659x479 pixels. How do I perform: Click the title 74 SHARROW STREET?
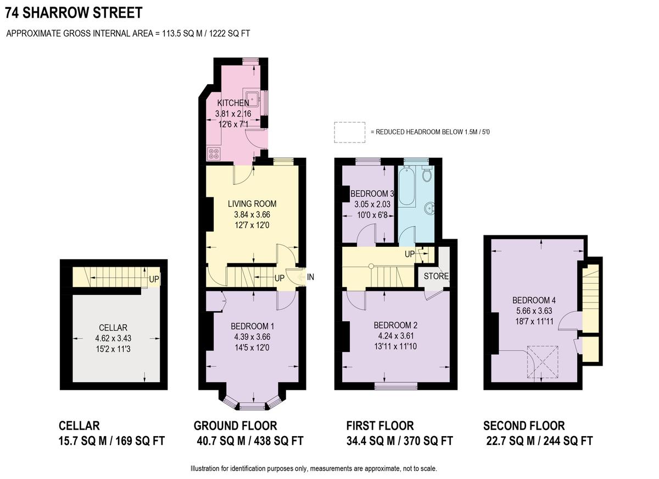(74, 12)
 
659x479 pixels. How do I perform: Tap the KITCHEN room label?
(233, 103)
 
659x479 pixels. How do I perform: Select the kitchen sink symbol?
(253, 100)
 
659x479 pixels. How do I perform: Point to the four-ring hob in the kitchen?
(214, 153)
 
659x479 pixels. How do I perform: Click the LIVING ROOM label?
(252, 204)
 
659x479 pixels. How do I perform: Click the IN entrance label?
(310, 277)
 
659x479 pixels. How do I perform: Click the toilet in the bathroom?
(427, 174)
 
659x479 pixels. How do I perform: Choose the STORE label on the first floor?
(436, 276)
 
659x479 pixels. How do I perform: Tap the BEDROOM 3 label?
(373, 194)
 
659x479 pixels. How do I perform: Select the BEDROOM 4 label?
(534, 300)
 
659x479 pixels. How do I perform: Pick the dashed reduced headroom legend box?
(350, 132)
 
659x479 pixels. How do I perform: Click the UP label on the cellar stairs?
(154, 279)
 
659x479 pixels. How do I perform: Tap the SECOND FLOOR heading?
(523, 426)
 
